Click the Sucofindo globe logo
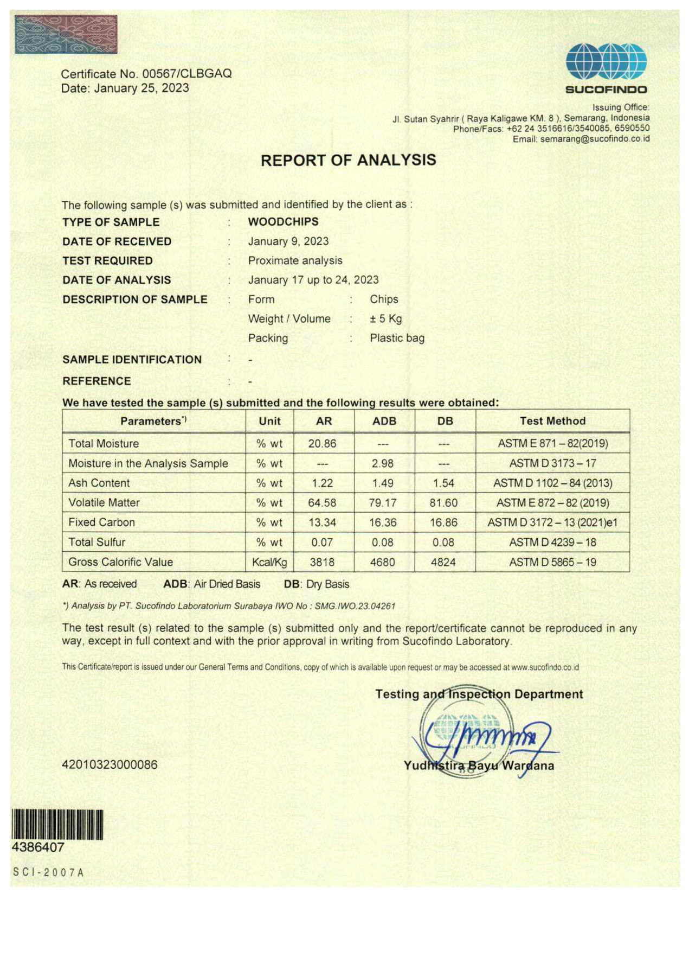tap(606, 62)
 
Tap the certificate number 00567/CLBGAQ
tap(186, 74)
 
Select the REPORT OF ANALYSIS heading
tap(348, 160)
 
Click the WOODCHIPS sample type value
tap(283, 221)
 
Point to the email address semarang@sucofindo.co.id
tap(595, 139)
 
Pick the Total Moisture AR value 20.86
tap(322, 443)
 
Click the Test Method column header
tap(552, 421)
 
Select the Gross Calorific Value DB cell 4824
tap(443, 562)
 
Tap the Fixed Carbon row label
tap(101, 522)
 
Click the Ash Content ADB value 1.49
tap(383, 483)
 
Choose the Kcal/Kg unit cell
tap(269, 562)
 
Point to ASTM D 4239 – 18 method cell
tap(552, 542)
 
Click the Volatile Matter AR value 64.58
tap(322, 503)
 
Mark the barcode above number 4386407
tap(57, 825)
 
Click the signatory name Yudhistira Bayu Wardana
tap(479, 766)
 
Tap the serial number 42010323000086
tap(110, 764)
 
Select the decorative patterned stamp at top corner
tap(66, 34)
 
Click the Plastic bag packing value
tap(397, 338)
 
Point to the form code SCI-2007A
tap(49, 872)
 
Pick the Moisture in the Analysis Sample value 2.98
tap(383, 463)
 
